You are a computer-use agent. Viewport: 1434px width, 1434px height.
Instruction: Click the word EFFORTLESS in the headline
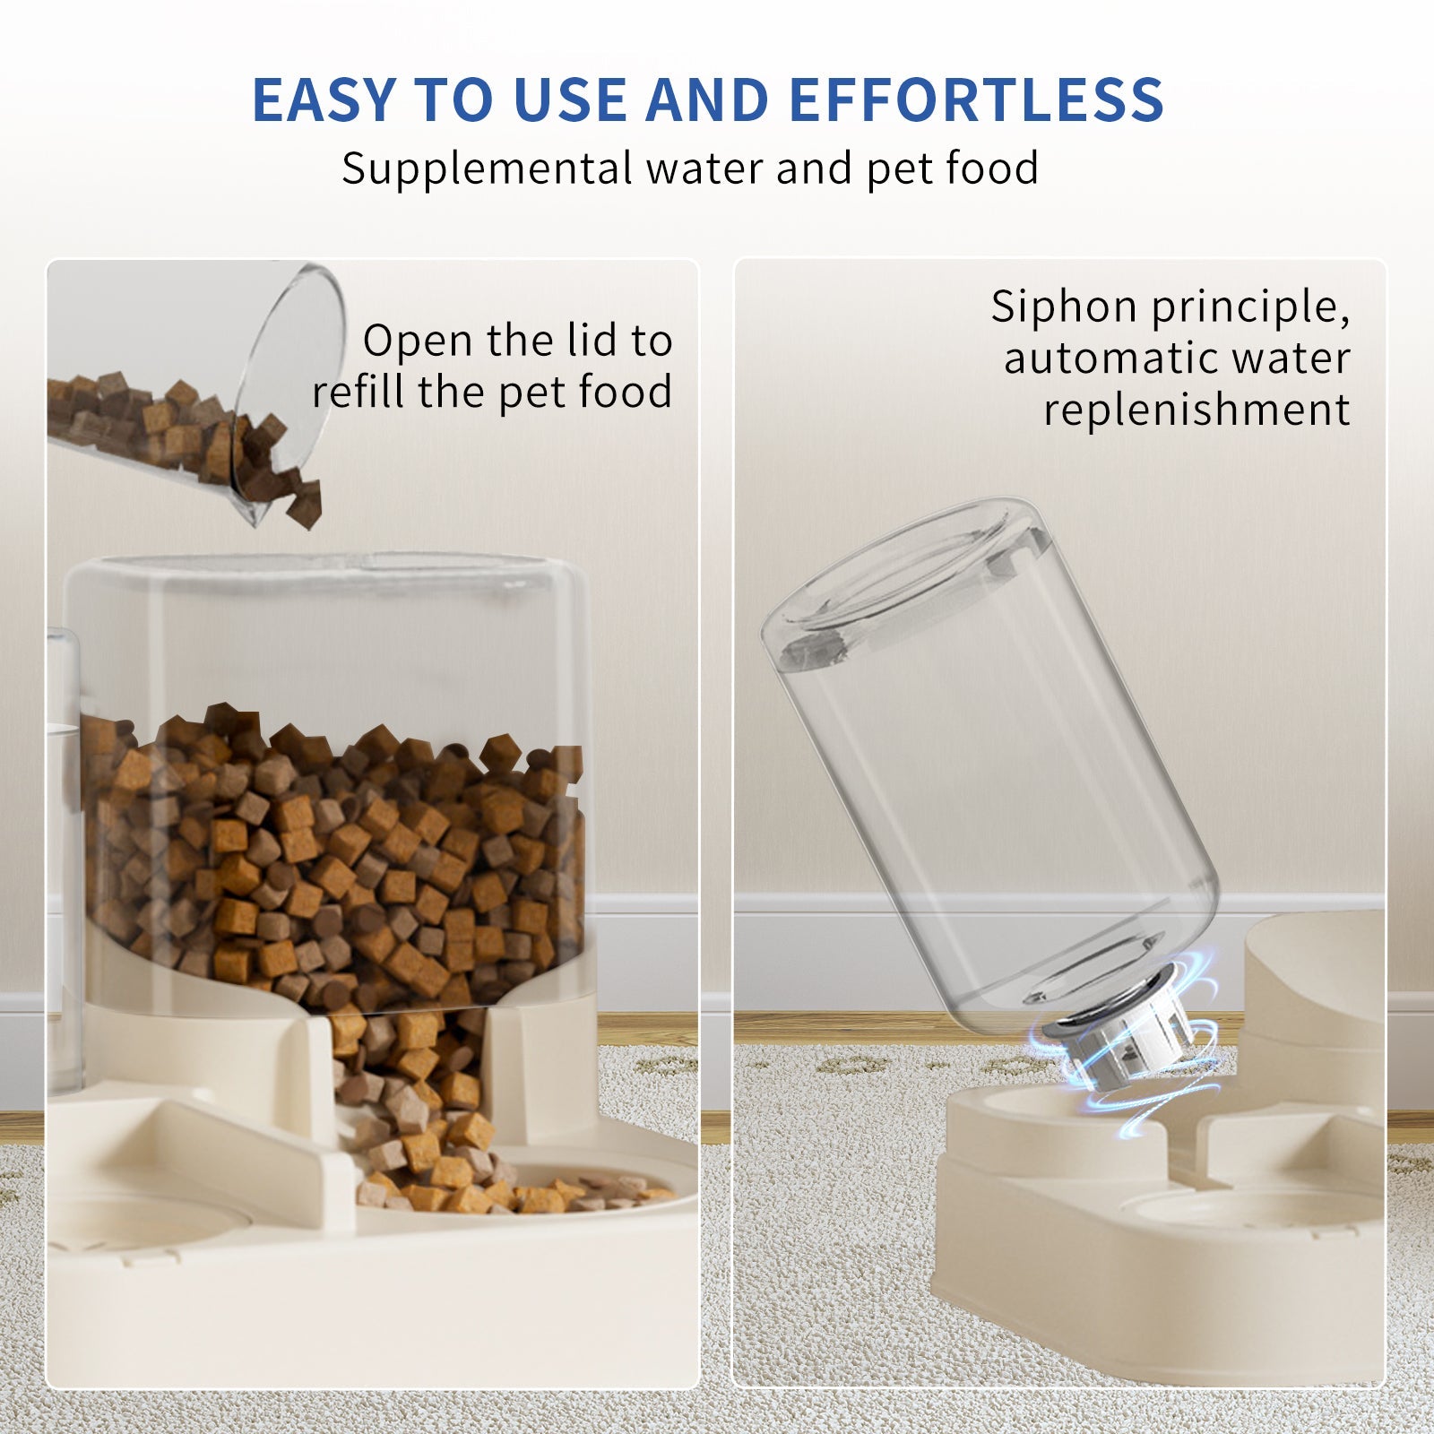(x=976, y=99)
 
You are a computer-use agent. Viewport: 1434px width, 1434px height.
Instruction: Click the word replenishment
(x=1196, y=410)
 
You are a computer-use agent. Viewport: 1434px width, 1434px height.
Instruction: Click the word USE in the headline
(x=574, y=99)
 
